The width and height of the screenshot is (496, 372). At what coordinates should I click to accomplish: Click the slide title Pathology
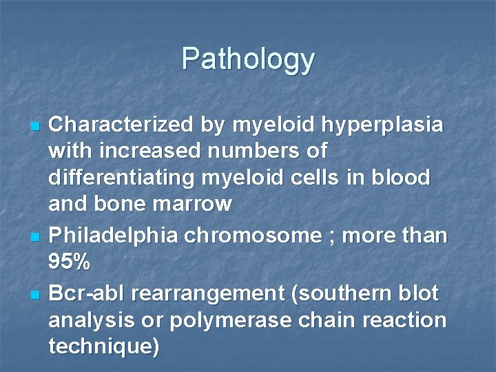click(248, 59)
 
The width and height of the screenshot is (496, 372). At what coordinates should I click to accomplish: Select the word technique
click(100, 347)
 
